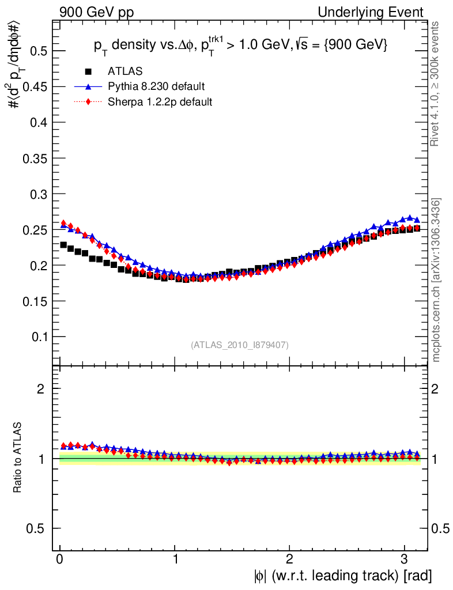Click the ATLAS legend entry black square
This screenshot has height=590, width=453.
89,71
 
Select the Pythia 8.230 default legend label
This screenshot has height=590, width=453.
156,86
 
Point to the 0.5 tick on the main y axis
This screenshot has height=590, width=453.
39,51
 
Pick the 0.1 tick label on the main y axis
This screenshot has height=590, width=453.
39,336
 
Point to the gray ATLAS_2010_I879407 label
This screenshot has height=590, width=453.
240,345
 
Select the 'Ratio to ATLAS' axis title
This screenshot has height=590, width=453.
17,459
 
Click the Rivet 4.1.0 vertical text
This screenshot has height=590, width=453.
436,84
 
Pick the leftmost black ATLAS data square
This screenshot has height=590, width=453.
63,245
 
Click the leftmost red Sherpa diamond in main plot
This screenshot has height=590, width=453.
63,223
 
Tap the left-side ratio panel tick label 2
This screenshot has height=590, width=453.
41,388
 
